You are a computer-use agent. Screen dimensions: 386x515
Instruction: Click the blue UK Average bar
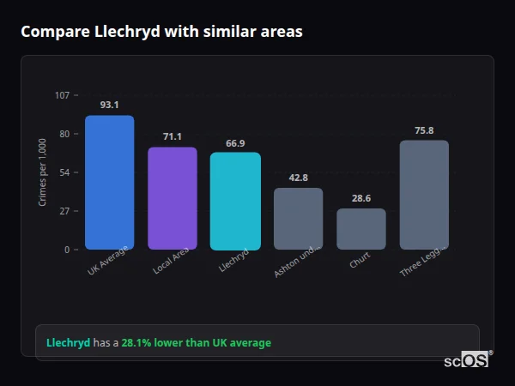pyautogui.click(x=109, y=182)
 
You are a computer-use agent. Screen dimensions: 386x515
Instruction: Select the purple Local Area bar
pyautogui.click(x=172, y=198)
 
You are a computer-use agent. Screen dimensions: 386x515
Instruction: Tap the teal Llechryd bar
pyautogui.click(x=235, y=201)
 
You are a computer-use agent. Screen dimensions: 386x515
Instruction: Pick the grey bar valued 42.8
pyautogui.click(x=298, y=219)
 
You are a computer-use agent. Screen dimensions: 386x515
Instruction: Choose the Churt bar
pyautogui.click(x=360, y=229)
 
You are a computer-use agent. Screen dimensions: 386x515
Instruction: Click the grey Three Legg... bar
pyautogui.click(x=424, y=195)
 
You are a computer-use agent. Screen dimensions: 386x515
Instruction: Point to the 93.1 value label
pyautogui.click(x=109, y=105)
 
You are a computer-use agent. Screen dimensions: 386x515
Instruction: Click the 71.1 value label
pyautogui.click(x=172, y=136)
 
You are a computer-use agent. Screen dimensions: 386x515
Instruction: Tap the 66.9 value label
pyautogui.click(x=235, y=143)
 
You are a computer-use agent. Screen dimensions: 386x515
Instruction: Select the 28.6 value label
pyautogui.click(x=360, y=198)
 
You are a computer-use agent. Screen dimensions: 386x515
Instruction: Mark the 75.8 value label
pyautogui.click(x=424, y=130)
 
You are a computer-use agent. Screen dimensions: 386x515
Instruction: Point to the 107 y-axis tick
pyautogui.click(x=62, y=95)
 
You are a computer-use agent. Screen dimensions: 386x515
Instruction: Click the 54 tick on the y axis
pyautogui.click(x=64, y=172)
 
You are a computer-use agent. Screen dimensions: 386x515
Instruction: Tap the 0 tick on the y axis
pyautogui.click(x=66, y=250)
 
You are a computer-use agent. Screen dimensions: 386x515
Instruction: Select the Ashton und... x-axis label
pyautogui.click(x=298, y=261)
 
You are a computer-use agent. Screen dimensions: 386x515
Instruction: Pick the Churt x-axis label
pyautogui.click(x=360, y=260)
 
